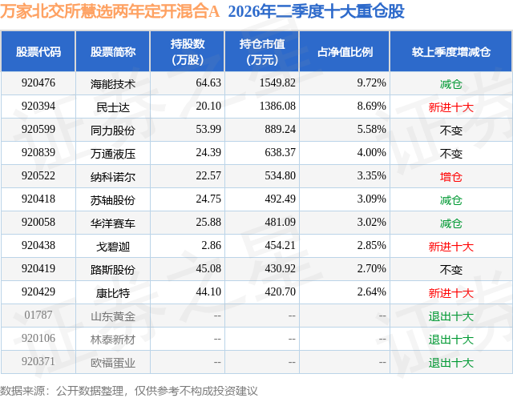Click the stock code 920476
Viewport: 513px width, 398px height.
pyautogui.click(x=38, y=83)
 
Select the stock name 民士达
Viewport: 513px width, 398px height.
pyautogui.click(x=113, y=107)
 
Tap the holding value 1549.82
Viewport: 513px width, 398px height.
pyautogui.click(x=277, y=83)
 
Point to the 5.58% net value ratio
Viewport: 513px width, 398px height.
pyautogui.click(x=371, y=130)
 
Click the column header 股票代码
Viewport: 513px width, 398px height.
pyautogui.click(x=38, y=51)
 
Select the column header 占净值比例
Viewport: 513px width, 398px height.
pyautogui.click(x=345, y=51)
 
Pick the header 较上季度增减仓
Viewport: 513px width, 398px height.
pyautogui.click(x=451, y=51)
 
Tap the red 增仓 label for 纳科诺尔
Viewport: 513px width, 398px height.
pyautogui.click(x=451, y=177)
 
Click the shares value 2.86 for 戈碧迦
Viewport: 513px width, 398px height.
pyautogui.click(x=211, y=245)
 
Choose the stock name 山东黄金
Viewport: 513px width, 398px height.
pyautogui.click(x=113, y=316)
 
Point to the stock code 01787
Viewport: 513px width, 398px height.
pyautogui.click(x=38, y=315)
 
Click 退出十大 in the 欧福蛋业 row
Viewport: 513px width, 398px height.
pyautogui.click(x=451, y=363)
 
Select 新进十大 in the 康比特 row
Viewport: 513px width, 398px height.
pyautogui.click(x=451, y=293)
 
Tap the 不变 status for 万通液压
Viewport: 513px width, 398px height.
pyautogui.click(x=451, y=154)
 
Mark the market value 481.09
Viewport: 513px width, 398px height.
pyautogui.click(x=280, y=222)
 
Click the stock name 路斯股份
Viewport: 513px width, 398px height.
pyautogui.click(x=113, y=270)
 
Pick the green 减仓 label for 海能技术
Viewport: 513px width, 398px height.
pyautogui.click(x=451, y=84)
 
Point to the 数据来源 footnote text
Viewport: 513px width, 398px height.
pyautogui.click(x=129, y=391)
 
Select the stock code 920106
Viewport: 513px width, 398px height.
pyautogui.click(x=38, y=338)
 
